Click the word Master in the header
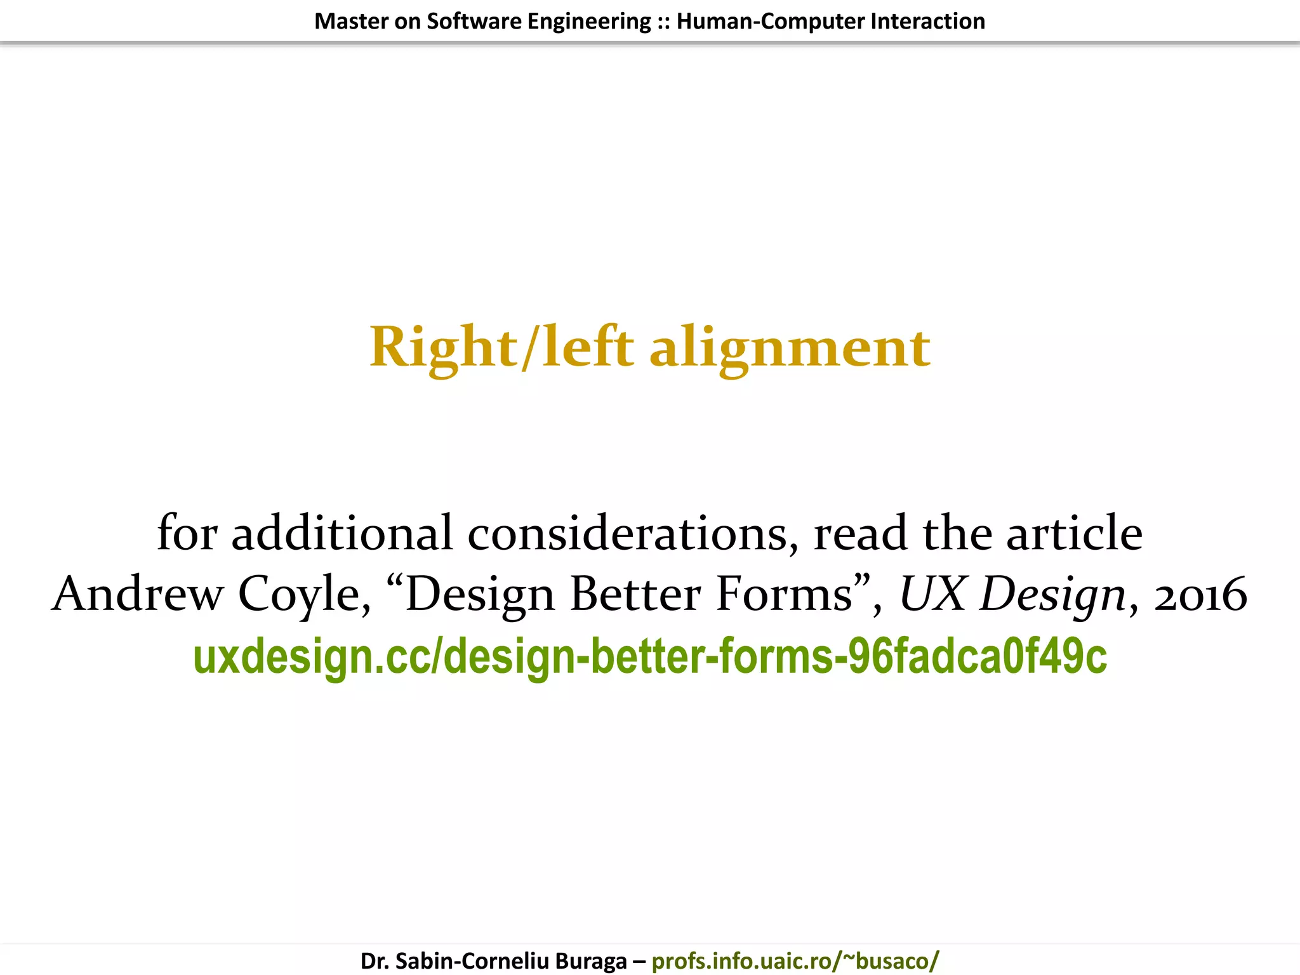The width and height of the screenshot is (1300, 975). pos(351,22)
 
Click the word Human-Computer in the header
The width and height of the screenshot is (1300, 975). pos(770,22)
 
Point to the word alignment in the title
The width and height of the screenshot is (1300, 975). pos(790,348)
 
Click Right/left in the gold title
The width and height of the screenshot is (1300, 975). pos(501,348)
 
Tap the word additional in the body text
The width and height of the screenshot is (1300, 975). pos(342,533)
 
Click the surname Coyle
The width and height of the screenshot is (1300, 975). pos(303,594)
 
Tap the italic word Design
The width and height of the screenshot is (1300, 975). pos(1052,594)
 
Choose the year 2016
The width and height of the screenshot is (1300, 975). pos(1200,594)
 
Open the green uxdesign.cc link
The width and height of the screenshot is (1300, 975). pos(650,656)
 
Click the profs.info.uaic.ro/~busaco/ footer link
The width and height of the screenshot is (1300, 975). pos(795,961)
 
